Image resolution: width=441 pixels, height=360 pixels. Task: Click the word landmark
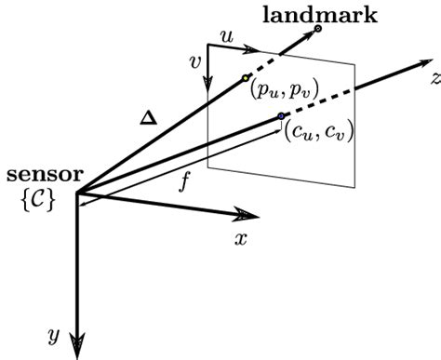point(320,15)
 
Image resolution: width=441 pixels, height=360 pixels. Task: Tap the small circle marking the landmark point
point(317,29)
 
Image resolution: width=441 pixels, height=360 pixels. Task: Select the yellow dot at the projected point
point(246,78)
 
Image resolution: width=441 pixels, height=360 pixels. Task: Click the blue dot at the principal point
point(281,116)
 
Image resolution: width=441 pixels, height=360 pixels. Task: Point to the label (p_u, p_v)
point(284,91)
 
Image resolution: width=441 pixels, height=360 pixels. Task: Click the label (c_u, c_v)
point(319,132)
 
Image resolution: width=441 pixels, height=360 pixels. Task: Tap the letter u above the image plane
point(227,37)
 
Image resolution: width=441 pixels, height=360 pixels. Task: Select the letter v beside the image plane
point(195,63)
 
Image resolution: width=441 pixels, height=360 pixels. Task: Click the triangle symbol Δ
point(149,118)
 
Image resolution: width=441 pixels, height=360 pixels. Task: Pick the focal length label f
point(184,183)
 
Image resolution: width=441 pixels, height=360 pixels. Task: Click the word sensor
point(46,175)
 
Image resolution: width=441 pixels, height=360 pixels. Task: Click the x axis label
point(241,239)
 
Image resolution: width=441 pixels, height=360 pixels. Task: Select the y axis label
point(54,336)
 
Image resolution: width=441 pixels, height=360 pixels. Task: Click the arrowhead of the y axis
point(77,346)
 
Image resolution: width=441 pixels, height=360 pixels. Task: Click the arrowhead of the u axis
point(251,49)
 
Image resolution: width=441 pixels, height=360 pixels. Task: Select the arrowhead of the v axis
point(207,85)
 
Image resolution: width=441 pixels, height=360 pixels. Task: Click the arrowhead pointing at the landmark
point(308,35)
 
